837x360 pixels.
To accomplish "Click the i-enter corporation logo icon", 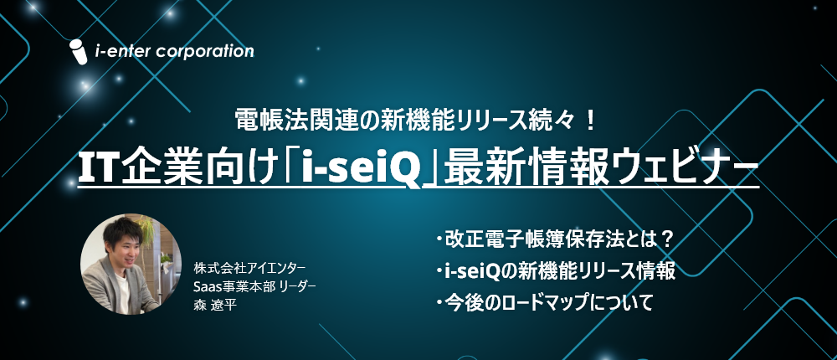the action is pos(79,52).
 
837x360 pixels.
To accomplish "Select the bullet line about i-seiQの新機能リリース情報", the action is pos(556,272).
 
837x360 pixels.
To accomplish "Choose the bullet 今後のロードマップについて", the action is pos(544,303).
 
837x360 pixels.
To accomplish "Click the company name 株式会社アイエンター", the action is pos(249,266).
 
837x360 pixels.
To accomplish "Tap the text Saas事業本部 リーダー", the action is pos(255,286).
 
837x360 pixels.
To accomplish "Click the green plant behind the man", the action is pos(146,229).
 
